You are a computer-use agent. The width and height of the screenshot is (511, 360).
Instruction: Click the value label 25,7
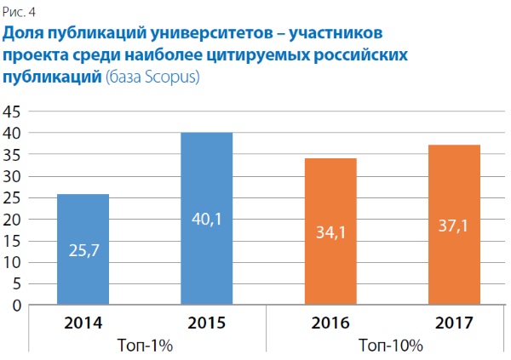[x=83, y=251]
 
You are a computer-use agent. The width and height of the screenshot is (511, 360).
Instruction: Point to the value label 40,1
[x=206, y=219]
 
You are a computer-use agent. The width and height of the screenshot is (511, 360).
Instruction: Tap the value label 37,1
[x=454, y=226]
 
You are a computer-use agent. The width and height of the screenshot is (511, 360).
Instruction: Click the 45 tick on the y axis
[x=13, y=112]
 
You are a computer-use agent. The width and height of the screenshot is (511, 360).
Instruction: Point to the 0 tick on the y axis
[x=17, y=306]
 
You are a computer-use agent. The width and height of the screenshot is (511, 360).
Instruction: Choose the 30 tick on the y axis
[x=13, y=176]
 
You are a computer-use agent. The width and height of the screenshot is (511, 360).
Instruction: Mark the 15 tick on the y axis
[x=13, y=241]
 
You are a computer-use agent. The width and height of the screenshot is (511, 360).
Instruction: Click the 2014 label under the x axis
[x=83, y=323]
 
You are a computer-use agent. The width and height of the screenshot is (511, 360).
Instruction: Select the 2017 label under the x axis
[x=454, y=323]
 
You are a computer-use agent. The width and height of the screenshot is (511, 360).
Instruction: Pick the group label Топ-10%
[x=392, y=346]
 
